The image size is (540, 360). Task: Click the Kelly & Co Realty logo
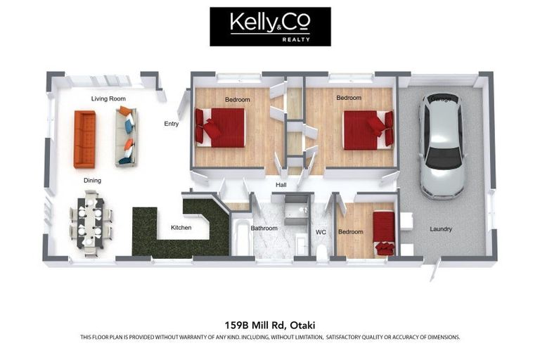click(x=270, y=27)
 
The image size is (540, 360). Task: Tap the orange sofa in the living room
click(x=84, y=139)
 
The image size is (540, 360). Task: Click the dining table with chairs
click(x=90, y=219)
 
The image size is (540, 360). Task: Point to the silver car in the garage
click(x=441, y=145)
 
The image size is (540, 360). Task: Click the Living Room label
click(x=108, y=99)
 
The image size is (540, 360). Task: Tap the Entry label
click(x=172, y=124)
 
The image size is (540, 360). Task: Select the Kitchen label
click(x=181, y=228)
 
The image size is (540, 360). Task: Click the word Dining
click(x=92, y=181)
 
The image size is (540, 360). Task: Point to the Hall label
click(x=281, y=185)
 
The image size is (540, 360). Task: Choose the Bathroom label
click(x=264, y=228)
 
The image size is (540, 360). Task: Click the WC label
click(x=321, y=231)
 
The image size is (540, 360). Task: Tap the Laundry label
click(x=441, y=229)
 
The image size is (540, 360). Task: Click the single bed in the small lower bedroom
click(x=384, y=232)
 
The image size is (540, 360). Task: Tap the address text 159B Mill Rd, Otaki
click(x=270, y=325)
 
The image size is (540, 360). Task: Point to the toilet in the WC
click(x=322, y=251)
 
